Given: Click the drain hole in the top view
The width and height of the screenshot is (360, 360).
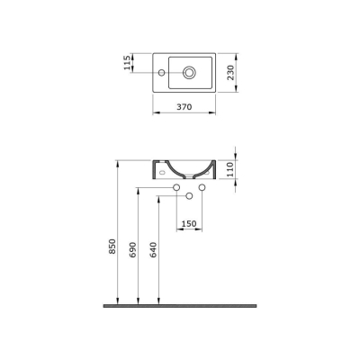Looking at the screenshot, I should coord(192,71).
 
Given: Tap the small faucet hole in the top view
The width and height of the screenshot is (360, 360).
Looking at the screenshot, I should coord(161,71).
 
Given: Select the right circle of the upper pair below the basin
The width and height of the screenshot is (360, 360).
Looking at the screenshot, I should coord(202,188).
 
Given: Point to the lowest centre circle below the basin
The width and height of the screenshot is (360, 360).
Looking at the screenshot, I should coord(190,197).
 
